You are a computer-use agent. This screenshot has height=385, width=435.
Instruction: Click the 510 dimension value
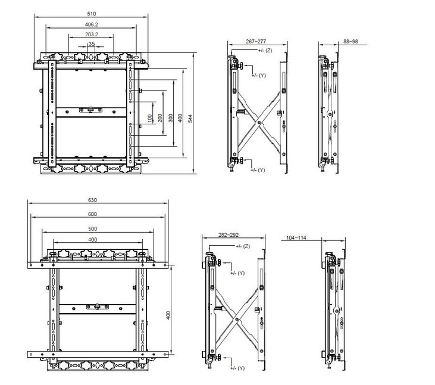click(x=91, y=14)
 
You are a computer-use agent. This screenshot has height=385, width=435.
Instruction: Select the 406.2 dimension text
click(x=92, y=24)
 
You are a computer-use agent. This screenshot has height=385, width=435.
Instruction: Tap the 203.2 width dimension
click(x=92, y=35)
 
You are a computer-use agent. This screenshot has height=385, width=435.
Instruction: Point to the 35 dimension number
click(x=92, y=44)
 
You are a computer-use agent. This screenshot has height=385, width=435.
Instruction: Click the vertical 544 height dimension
click(x=190, y=119)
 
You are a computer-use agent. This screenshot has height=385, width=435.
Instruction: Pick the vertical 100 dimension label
click(x=150, y=118)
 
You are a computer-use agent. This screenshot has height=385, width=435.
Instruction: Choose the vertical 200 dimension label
click(x=160, y=118)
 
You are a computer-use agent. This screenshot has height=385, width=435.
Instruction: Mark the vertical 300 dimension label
click(x=171, y=118)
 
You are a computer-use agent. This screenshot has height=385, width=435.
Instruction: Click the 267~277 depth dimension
click(x=256, y=41)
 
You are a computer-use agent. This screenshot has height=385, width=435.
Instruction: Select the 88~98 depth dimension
click(x=350, y=41)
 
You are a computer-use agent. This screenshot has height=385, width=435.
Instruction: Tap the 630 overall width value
click(x=92, y=200)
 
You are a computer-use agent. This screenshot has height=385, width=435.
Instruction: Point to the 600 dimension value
click(x=92, y=214)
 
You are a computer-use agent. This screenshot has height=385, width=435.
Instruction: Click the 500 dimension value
click(x=93, y=229)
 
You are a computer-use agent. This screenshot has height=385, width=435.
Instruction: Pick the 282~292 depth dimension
click(x=229, y=235)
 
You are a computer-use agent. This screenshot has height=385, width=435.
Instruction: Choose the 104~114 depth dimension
click(x=296, y=237)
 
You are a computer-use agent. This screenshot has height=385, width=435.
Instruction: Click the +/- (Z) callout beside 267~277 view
click(x=265, y=51)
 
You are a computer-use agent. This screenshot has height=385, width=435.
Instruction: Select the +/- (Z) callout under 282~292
click(x=243, y=246)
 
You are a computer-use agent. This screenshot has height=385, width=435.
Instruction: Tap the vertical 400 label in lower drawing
click(x=168, y=315)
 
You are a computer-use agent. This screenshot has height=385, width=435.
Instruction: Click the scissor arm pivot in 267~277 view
click(x=259, y=123)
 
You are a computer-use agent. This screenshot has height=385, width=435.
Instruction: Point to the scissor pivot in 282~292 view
click(x=237, y=320)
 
